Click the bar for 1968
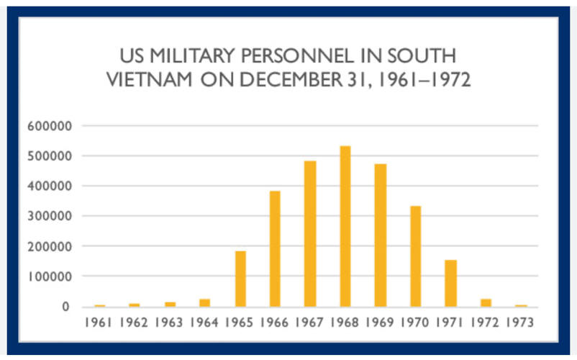(x=345, y=226)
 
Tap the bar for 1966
(x=275, y=248)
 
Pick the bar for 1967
(x=310, y=233)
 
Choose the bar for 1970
(x=415, y=256)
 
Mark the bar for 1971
(x=450, y=283)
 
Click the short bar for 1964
(x=205, y=302)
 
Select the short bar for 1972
(x=486, y=302)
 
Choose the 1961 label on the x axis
(x=99, y=323)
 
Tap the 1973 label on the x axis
(x=519, y=323)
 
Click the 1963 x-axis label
(x=170, y=323)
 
